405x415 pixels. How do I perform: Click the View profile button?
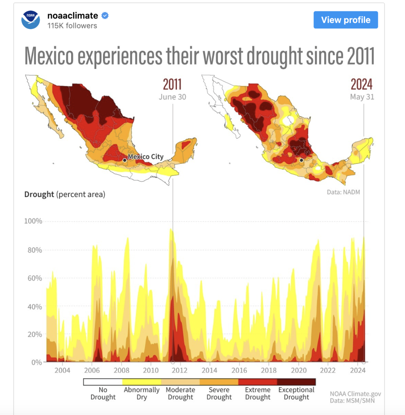coord(346,20)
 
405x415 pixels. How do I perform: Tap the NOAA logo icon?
coord(31,20)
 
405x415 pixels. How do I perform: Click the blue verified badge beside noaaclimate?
coord(105,16)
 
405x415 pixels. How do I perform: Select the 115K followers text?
coord(72,26)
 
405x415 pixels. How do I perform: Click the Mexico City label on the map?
coord(146,157)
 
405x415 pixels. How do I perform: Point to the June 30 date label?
coord(172,97)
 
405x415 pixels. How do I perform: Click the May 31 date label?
coord(362,97)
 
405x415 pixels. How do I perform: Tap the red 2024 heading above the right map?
coord(361,84)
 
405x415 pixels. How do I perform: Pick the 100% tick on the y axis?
coord(33,221)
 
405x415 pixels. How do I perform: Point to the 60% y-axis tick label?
coord(35,278)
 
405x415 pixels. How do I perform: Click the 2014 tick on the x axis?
coord(210,370)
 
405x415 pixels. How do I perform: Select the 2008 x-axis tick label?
coord(121,370)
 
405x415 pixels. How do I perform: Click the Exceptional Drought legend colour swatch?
coord(296,382)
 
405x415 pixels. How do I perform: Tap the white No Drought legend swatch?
coord(103,382)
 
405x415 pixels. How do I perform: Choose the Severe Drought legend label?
coord(219,393)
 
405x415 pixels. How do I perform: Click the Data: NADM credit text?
coord(343,192)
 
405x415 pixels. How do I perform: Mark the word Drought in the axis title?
coord(39,195)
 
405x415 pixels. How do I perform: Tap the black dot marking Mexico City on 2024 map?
coord(301,160)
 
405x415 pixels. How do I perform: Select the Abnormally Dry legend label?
coord(142,393)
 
